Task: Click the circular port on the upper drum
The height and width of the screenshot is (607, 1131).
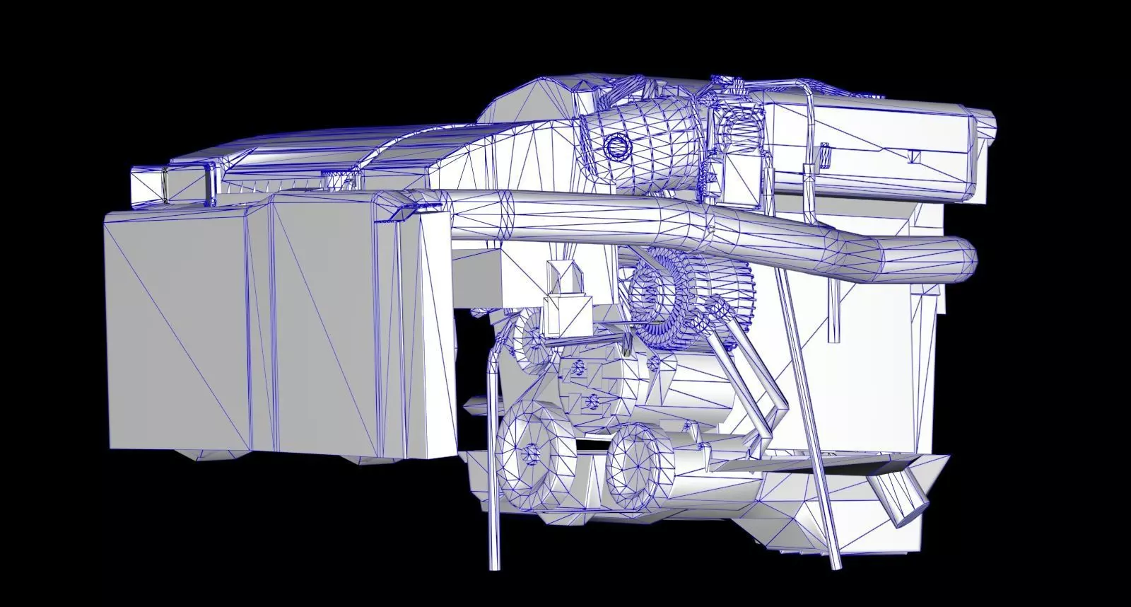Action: [618, 146]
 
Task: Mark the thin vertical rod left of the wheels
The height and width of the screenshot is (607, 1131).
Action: [492, 460]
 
